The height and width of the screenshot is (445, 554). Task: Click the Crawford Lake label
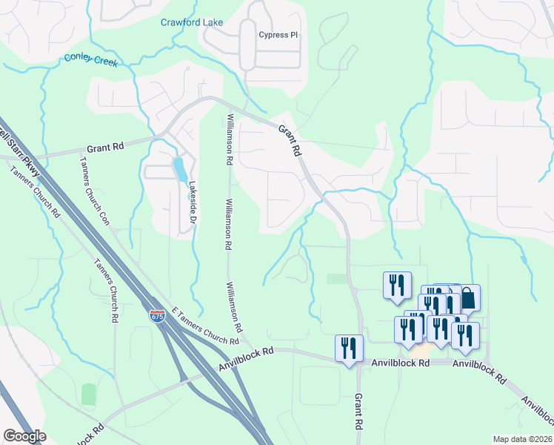pos(192,22)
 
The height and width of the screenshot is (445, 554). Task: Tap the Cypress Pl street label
pos(278,35)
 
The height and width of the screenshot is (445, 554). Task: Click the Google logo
pos(24,436)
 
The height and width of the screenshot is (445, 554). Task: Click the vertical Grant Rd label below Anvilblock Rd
pos(358,412)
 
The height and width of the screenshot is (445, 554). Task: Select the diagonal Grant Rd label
pos(290,139)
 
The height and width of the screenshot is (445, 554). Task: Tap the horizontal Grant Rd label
pos(104,148)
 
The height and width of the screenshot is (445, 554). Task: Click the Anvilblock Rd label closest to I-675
pos(247,360)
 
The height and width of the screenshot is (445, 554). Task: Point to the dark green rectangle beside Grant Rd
pos(336,278)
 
